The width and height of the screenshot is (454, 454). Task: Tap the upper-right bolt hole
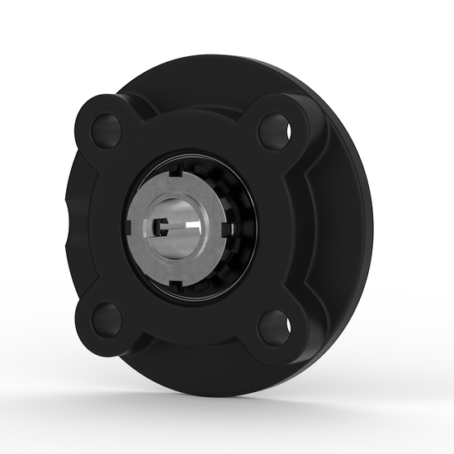(273, 129)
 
